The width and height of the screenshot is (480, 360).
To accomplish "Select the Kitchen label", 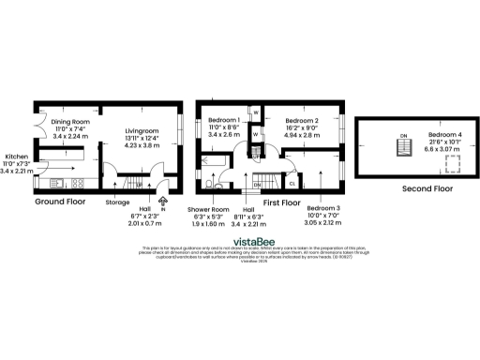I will click(17, 157).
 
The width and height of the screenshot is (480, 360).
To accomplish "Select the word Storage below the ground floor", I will click(117, 202).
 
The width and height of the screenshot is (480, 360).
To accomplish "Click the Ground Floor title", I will click(62, 202).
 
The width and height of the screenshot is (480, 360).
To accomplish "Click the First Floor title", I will click(283, 202).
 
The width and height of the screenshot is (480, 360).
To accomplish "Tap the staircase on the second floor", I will click(404, 147).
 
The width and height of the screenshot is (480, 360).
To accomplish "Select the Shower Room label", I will click(208, 208).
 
